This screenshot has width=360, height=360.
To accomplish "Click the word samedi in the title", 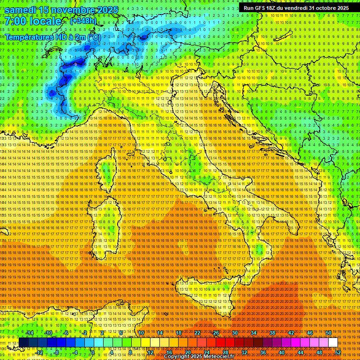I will tap(21, 10).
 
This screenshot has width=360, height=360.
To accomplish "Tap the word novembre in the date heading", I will tap(68, 10).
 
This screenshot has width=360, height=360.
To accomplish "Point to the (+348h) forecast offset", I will tap(83, 21).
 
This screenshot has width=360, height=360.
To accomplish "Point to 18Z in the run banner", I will tap(271, 8).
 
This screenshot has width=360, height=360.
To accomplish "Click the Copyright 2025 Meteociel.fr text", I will tap(202, 357).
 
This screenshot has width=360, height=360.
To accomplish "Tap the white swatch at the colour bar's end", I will tap(333, 343).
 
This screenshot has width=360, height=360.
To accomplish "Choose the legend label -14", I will tap(30, 333).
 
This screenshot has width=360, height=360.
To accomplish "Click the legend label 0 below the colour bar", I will tap(93, 352).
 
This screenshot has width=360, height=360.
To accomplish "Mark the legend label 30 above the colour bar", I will tap(234, 333).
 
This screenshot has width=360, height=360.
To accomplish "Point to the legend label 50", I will tap(329, 333).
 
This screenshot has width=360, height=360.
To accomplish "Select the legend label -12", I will tap(39, 352).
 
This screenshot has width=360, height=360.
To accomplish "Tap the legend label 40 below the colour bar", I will tap(281, 352).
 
